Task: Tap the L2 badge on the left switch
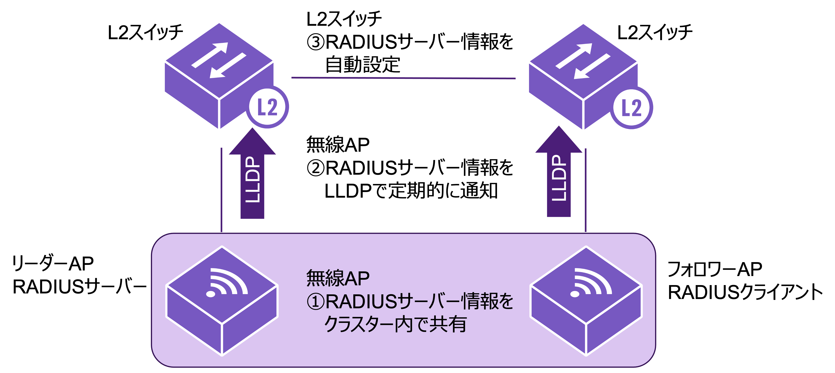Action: pos(268,107)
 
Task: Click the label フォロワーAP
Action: pos(714,269)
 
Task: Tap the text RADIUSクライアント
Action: pos(745,293)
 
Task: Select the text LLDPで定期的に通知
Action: pos(411,191)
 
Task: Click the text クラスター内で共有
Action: pos(395,324)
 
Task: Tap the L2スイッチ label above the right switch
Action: pos(655,33)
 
